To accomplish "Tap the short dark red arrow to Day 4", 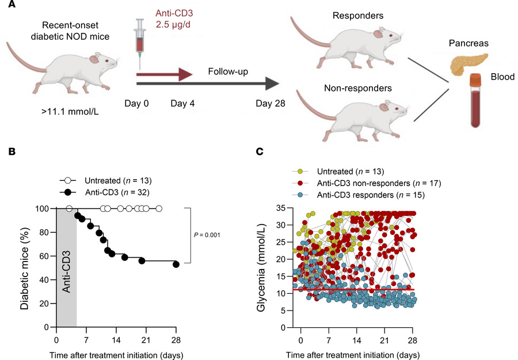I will (164, 74).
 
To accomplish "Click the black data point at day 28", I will (176, 264).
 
